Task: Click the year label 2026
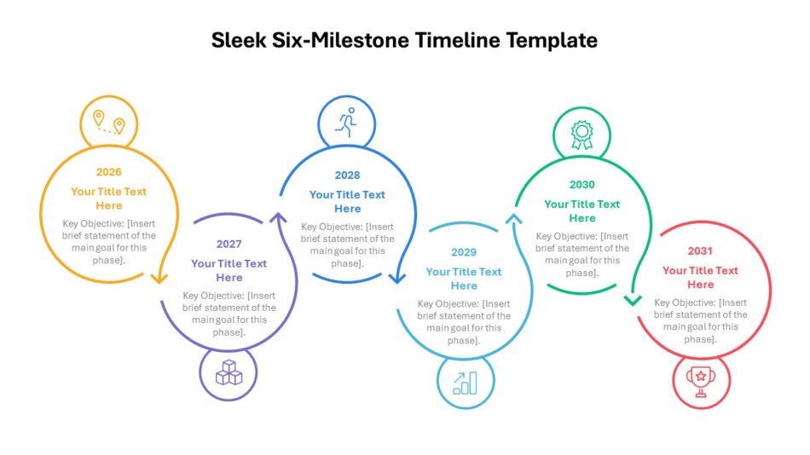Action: point(108,172)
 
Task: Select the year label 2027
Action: point(229,244)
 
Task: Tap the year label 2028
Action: point(347,175)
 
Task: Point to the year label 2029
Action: point(463,252)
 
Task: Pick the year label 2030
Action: point(581,184)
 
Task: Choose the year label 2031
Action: point(700,251)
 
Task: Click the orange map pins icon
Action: point(109,123)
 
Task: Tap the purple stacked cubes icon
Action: point(229,372)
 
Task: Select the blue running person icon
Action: point(347,123)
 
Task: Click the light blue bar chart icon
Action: point(465,383)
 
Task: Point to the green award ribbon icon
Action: point(581,135)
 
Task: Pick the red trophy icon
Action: point(701,382)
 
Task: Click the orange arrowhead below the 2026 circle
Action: point(159,279)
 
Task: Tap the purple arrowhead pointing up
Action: point(279,217)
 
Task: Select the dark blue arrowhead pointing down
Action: point(396,279)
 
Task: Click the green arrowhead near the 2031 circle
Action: point(633,300)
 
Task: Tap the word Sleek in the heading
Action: point(239,40)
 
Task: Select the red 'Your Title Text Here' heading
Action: point(701,277)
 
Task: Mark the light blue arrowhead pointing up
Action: point(513,219)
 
